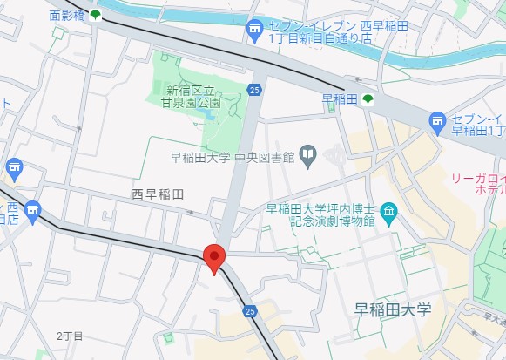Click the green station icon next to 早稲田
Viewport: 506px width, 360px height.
click(368, 99)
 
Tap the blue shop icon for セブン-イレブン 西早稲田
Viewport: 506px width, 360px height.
click(254, 31)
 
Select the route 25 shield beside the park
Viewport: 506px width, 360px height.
click(253, 89)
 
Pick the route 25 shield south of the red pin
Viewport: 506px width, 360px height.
click(250, 309)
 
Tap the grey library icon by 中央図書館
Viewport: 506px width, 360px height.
click(307, 156)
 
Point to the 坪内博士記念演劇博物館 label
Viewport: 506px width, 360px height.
click(320, 214)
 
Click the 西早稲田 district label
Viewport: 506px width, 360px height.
click(158, 194)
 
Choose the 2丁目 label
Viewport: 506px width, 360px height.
click(69, 336)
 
